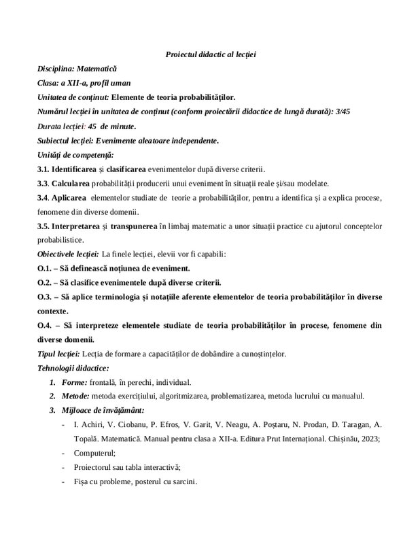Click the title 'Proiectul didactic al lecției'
coord(209,54)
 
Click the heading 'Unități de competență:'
coord(75,155)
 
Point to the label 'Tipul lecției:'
coord(58,354)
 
